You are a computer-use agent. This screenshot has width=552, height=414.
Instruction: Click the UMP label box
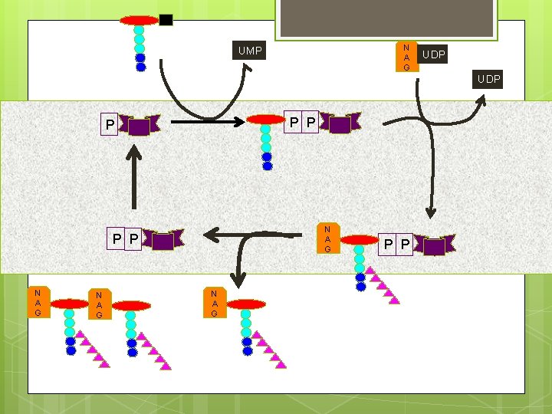pos(249,51)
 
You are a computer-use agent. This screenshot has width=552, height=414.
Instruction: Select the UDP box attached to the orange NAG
pos(432,54)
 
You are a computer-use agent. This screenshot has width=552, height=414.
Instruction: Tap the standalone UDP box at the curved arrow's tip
pos(488,79)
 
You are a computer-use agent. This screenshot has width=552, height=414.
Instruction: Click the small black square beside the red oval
pos(166,20)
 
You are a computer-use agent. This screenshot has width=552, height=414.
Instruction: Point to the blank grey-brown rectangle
pos(386,18)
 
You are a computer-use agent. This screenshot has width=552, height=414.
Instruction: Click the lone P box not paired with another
pos(109,124)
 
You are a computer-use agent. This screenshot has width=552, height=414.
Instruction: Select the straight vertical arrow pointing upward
pos(133,177)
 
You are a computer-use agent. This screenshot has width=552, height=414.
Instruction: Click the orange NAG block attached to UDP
pos(406,57)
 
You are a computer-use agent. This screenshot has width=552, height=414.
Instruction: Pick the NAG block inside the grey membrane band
pos(328,238)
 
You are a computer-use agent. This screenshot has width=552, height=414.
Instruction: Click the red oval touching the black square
pos(140,21)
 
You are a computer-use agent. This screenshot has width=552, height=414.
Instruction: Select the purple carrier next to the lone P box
pos(140,125)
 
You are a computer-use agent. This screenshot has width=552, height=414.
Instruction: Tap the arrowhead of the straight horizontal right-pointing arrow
pos(239,122)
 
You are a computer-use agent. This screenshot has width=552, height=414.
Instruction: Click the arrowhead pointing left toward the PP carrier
pos(212,235)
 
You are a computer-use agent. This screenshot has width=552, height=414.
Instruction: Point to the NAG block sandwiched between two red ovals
pos(100,304)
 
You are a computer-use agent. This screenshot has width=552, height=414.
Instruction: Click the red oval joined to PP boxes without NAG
pos(266,120)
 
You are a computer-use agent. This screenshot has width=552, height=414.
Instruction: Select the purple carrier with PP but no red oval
pos(163,240)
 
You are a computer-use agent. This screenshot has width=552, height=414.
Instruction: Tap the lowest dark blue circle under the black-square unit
pos(141,67)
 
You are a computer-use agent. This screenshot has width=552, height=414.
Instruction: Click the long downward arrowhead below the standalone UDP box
pos(431,212)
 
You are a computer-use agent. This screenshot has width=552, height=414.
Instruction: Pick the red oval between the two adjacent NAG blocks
pos(70,304)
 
